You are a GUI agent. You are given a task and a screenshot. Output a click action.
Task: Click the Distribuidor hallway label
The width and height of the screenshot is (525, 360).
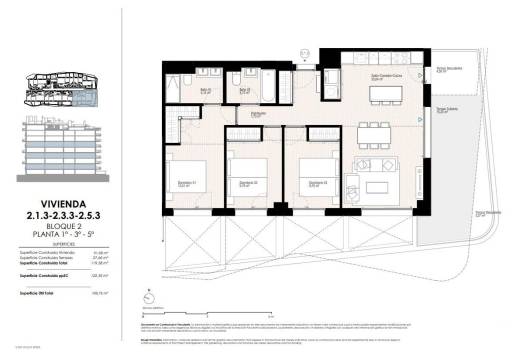(257, 114)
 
